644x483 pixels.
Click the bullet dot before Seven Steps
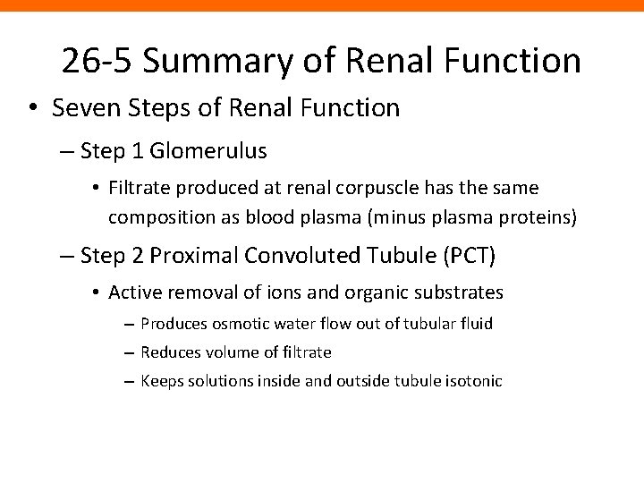click(33, 109)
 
